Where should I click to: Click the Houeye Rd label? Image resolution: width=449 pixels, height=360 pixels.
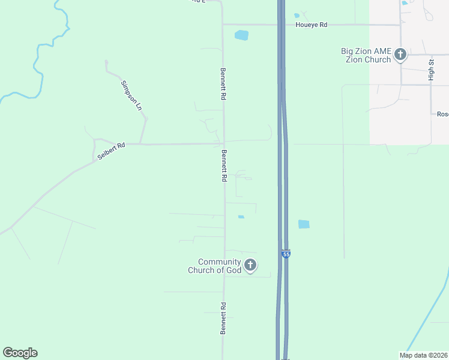[311, 25]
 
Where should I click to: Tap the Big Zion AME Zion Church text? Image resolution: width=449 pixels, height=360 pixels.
[366, 55]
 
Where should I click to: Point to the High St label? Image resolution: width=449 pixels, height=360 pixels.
[431, 70]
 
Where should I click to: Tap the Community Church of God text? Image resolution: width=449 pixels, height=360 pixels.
[220, 266]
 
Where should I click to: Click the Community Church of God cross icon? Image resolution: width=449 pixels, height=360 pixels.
[250, 265]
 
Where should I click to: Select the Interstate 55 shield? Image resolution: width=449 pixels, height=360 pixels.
[286, 254]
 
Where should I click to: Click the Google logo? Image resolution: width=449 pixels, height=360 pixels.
[20, 353]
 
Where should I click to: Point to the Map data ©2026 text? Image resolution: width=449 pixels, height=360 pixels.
[423, 355]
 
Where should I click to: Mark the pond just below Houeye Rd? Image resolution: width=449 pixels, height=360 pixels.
[241, 35]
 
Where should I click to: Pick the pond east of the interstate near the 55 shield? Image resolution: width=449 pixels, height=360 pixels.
[304, 224]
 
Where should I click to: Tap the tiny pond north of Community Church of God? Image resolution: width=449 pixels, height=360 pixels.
[241, 217]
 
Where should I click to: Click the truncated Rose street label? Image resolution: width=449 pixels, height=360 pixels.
[442, 114]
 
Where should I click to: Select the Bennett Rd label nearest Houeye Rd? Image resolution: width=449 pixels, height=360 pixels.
[223, 83]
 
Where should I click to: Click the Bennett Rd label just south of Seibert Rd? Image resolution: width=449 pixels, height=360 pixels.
[224, 166]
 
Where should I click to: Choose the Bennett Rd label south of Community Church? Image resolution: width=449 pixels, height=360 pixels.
[223, 319]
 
